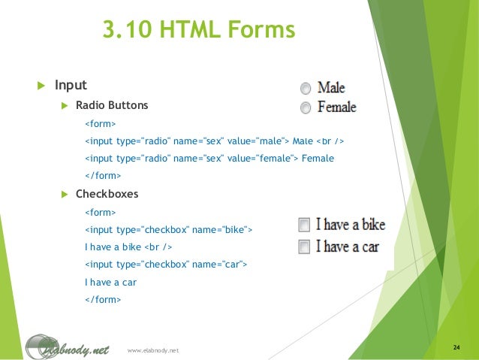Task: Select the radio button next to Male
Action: (306, 88)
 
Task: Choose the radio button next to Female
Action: (306, 107)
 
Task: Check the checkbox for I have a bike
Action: (303, 225)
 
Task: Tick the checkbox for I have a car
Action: (303, 247)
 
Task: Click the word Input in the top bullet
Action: (71, 85)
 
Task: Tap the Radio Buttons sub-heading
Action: (112, 105)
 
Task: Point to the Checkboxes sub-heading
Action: (107, 194)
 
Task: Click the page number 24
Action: (456, 347)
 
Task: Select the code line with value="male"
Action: (214, 141)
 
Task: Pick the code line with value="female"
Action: (209, 159)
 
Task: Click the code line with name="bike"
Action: (169, 229)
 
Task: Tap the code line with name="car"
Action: (165, 265)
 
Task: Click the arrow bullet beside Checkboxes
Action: (65, 195)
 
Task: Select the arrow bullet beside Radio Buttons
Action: (65, 106)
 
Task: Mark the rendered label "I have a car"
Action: (347, 247)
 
